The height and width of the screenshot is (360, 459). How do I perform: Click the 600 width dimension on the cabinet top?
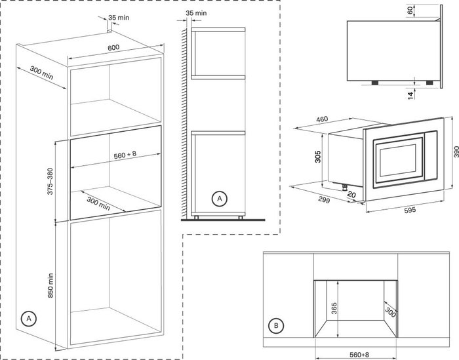tap(113, 47)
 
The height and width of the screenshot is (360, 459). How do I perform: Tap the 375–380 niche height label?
tap(50, 181)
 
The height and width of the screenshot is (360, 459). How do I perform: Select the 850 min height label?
tap(50, 286)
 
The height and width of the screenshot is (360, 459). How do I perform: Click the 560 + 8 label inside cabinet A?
tap(125, 155)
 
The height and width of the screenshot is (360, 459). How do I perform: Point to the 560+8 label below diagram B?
tap(359, 355)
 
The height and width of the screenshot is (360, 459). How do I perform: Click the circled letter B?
tap(276, 325)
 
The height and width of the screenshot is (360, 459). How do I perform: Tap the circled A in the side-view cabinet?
tap(219, 199)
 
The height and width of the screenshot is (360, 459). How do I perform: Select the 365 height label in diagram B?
tap(334, 308)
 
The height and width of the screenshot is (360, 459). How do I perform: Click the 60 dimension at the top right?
tap(410, 10)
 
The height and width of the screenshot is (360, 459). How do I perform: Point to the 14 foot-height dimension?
tap(410, 96)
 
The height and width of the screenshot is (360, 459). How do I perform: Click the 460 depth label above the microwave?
tap(322, 119)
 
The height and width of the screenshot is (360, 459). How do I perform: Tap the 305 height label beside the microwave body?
tap(317, 157)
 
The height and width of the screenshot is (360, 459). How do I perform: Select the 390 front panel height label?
tap(456, 152)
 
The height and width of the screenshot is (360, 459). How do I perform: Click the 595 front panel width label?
tap(410, 210)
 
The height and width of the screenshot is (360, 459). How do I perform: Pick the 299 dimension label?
tap(324, 199)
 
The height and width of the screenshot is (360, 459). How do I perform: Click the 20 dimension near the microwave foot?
tap(351, 194)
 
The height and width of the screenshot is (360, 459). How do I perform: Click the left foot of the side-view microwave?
tap(374, 83)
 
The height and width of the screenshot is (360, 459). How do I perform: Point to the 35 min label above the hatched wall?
tap(196, 13)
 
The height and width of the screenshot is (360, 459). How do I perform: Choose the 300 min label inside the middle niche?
tap(98, 204)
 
